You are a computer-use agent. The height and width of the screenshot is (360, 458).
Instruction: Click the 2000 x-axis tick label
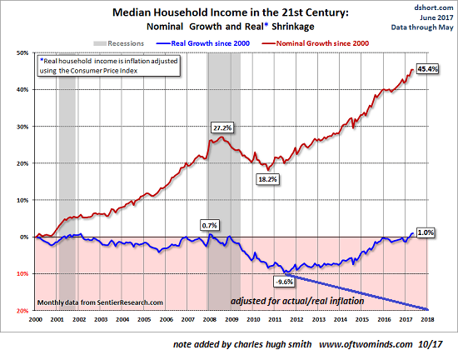pos(35,319)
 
